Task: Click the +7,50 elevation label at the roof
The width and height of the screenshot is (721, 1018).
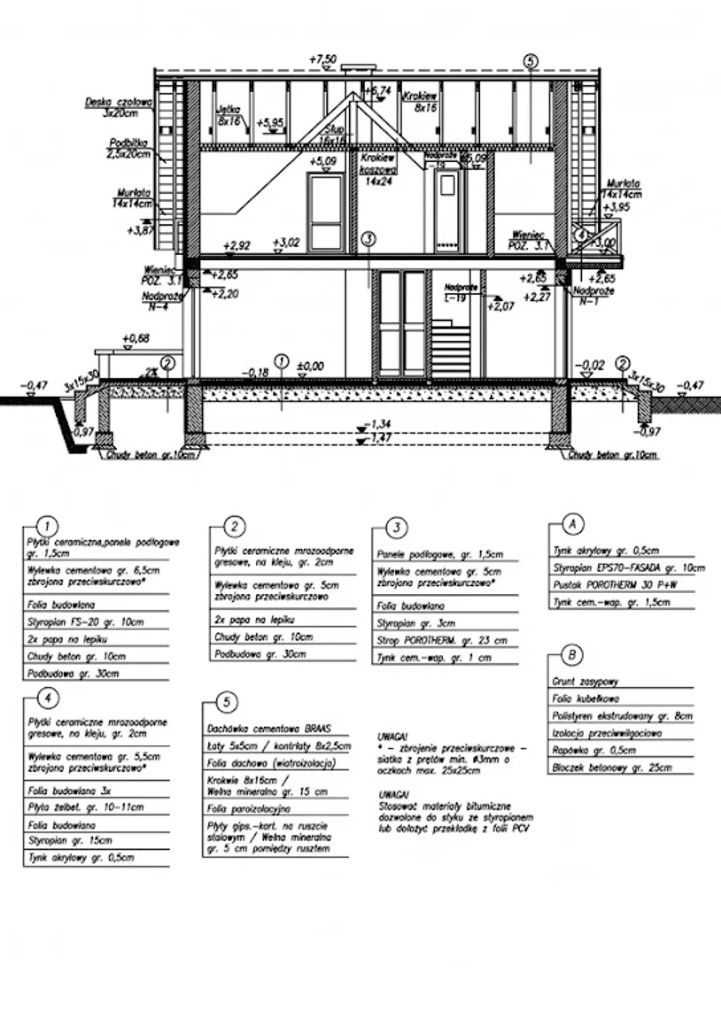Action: point(323,59)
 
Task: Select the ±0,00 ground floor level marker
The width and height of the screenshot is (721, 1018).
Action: point(310,366)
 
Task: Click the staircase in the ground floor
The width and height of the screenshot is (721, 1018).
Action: point(450,347)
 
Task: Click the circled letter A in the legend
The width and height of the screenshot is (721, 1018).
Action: point(573,524)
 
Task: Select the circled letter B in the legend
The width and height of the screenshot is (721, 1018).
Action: point(572,655)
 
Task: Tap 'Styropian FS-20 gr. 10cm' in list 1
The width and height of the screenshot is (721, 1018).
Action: point(86,622)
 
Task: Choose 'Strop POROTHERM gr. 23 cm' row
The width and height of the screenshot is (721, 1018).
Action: point(442,641)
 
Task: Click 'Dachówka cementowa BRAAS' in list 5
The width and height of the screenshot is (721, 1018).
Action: point(269,728)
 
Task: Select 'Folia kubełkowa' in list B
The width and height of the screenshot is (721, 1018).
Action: point(585,699)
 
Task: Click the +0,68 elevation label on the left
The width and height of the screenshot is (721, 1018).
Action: point(136,339)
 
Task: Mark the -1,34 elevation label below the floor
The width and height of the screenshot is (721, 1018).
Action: point(377,424)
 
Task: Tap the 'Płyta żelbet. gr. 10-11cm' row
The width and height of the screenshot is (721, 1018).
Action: point(86,807)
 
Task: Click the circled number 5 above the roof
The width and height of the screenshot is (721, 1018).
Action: point(530,61)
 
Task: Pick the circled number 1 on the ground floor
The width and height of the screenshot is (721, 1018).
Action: point(281,362)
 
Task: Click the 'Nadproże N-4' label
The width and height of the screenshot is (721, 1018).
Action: point(162,301)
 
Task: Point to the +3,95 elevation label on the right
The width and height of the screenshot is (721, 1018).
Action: point(616,207)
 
